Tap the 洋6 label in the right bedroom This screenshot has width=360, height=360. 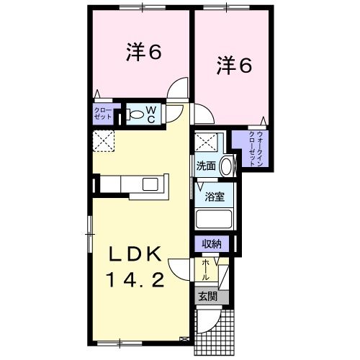click(234, 66)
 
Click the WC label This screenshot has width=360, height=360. click(152, 114)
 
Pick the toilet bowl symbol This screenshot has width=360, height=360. click(135, 114)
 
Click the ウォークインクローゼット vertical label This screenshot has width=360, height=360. click(257, 149)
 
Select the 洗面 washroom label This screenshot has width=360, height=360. click(206, 166)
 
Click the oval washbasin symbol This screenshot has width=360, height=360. click(226, 166)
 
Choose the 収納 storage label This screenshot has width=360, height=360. click(211, 244)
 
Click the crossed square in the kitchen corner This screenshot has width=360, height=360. click(103, 141)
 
